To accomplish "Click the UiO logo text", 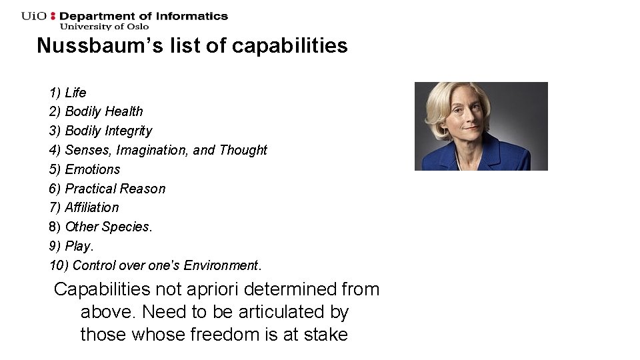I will (x=34, y=16).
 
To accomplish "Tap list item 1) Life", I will (x=67, y=93).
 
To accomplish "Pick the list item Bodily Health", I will (x=96, y=111).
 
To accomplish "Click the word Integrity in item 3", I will (x=129, y=131).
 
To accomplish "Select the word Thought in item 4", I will (x=243, y=150).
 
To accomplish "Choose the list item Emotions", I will (x=85, y=169).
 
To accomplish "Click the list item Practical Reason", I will (x=107, y=189).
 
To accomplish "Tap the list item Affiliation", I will (x=84, y=207).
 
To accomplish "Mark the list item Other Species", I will (x=101, y=227).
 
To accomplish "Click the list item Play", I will (x=71, y=246).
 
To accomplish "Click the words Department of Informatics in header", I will (x=144, y=16).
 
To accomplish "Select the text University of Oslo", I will (x=105, y=27).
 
